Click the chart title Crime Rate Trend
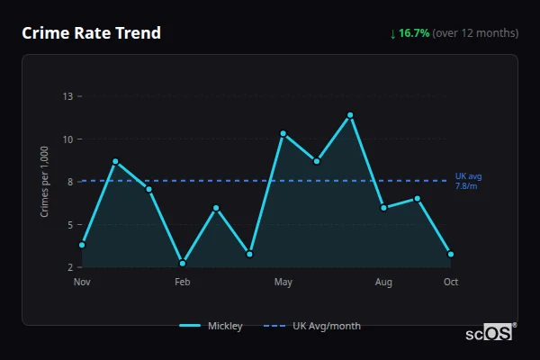(x=92, y=33)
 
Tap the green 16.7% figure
(x=413, y=33)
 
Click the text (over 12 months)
(x=475, y=33)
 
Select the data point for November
(x=82, y=245)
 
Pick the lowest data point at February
(x=183, y=263)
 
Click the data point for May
(x=283, y=133)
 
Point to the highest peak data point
(x=350, y=115)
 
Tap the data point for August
(x=383, y=208)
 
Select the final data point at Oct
(x=451, y=254)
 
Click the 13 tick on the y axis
(x=67, y=96)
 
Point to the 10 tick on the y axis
(x=67, y=139)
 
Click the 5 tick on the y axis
(x=69, y=225)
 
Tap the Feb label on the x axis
(x=183, y=282)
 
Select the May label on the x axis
(x=283, y=282)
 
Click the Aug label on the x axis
(x=383, y=282)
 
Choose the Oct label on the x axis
(x=451, y=282)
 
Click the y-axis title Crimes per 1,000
(x=45, y=182)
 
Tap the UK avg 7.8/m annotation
(x=468, y=181)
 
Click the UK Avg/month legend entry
(x=326, y=326)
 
